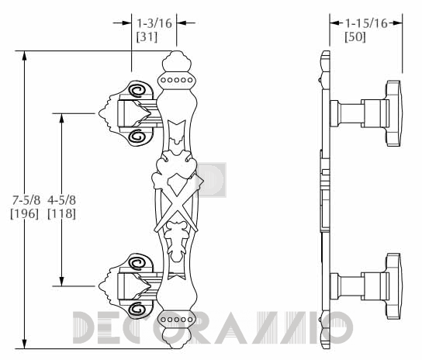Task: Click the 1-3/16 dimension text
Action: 154,23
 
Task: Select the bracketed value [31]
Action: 147,36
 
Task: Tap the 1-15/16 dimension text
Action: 366,23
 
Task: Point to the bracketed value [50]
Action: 355,36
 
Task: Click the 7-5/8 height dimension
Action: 26,200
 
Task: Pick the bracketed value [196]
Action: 25,213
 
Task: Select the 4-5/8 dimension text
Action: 61,200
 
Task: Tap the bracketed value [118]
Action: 61,213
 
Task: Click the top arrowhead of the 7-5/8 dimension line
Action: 25,55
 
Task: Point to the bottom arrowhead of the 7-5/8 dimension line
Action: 25,344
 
